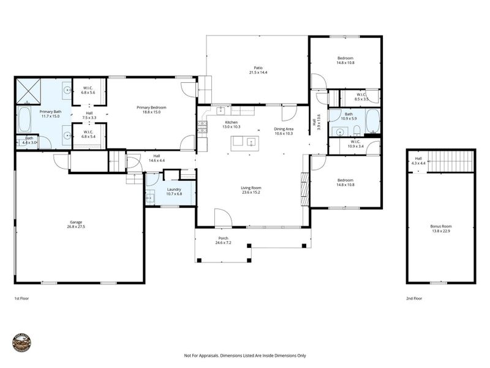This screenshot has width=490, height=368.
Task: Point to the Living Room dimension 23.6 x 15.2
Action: click(x=251, y=192)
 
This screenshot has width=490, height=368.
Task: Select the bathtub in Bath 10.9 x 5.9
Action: click(x=372, y=121)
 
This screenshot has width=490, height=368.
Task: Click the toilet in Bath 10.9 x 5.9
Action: click(x=356, y=130)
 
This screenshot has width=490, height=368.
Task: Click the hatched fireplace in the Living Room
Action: click(x=304, y=190)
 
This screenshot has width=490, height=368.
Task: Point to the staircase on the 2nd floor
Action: click(x=451, y=162)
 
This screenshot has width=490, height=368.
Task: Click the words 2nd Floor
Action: click(x=415, y=298)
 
